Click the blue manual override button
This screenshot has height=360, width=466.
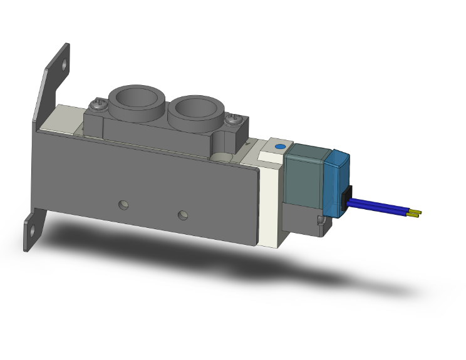279,147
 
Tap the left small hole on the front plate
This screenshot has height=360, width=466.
124,204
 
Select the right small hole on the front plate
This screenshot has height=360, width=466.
182,215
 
